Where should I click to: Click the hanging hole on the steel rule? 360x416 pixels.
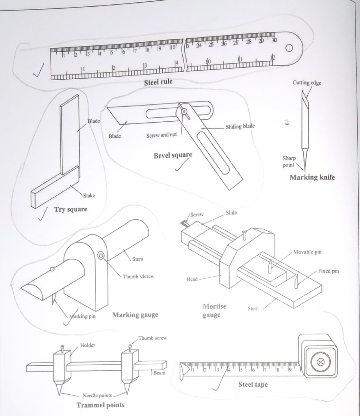point(289,48)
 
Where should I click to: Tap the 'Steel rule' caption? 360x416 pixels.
point(158,82)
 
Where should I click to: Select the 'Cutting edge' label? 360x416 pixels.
point(307,83)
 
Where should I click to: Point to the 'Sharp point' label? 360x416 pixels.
point(289,161)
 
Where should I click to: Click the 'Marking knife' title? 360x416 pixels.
point(312,177)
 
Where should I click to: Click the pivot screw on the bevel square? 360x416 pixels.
point(184,111)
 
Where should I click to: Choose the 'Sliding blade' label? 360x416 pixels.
point(240,126)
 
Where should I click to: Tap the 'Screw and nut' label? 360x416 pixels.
point(161,135)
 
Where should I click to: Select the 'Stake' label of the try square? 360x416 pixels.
point(89,196)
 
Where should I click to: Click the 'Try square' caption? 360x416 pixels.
point(71,209)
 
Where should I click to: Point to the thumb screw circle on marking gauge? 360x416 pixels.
point(101,256)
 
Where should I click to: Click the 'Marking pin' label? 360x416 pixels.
point(82,316)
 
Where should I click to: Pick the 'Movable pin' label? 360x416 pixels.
point(307,252)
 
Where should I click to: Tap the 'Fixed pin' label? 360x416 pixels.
point(328,271)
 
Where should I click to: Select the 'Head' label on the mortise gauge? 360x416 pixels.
point(192,279)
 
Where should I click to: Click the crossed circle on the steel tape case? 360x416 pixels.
point(320,362)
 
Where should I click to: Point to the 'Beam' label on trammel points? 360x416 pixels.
point(159,373)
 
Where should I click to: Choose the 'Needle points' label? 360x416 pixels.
point(97,395)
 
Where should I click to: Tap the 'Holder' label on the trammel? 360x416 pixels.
point(88,345)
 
